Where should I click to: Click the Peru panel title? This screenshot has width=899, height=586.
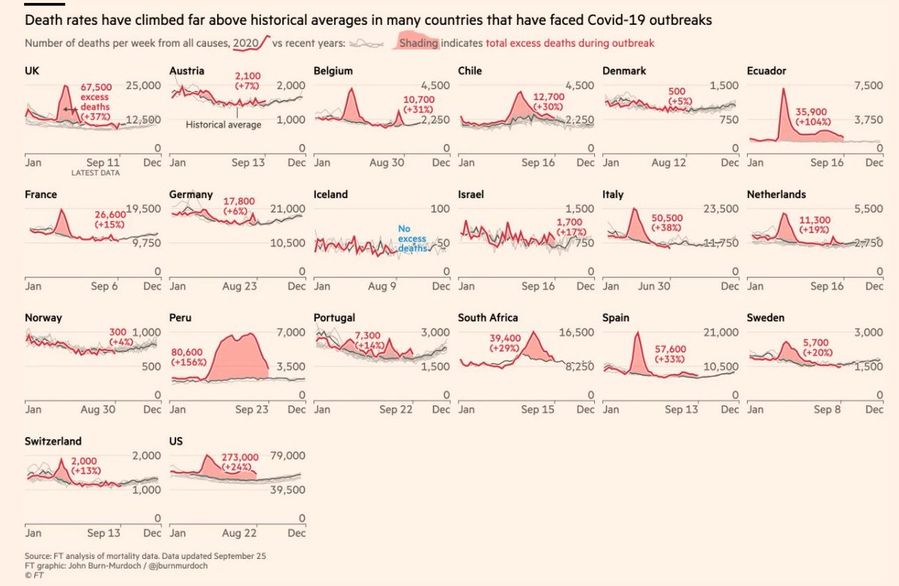coord(181,318)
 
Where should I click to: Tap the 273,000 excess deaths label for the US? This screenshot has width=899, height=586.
coord(240,456)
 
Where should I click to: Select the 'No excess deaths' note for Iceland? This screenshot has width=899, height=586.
coord(412,239)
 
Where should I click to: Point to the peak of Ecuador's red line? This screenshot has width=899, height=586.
coord(784,88)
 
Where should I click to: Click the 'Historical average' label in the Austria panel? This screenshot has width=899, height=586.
coord(223,125)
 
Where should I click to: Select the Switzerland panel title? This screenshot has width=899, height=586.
coord(53,441)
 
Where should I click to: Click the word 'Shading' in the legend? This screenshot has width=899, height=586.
coord(418,43)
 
